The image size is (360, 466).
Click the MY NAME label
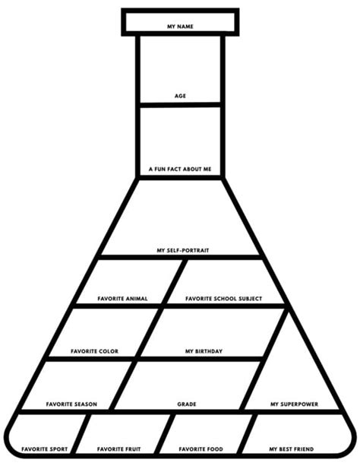(x=180, y=27)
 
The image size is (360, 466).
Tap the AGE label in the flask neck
(x=180, y=96)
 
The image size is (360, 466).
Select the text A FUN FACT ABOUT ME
(x=180, y=169)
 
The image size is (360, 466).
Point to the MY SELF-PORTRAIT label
(x=183, y=250)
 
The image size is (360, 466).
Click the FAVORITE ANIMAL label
(x=123, y=299)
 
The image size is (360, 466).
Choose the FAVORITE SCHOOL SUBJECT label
(x=223, y=299)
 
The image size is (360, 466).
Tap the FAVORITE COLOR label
(x=94, y=351)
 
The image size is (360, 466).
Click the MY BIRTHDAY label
(x=204, y=351)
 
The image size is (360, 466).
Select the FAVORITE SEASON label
(x=71, y=404)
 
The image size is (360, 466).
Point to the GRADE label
(x=187, y=404)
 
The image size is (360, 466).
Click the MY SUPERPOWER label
(x=294, y=404)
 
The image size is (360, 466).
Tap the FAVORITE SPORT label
(x=45, y=449)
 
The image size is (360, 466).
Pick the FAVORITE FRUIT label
(x=118, y=449)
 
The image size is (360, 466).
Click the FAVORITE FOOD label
(x=201, y=449)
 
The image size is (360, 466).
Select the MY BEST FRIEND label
(x=292, y=449)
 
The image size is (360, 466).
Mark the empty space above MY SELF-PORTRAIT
(x=180, y=214)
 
